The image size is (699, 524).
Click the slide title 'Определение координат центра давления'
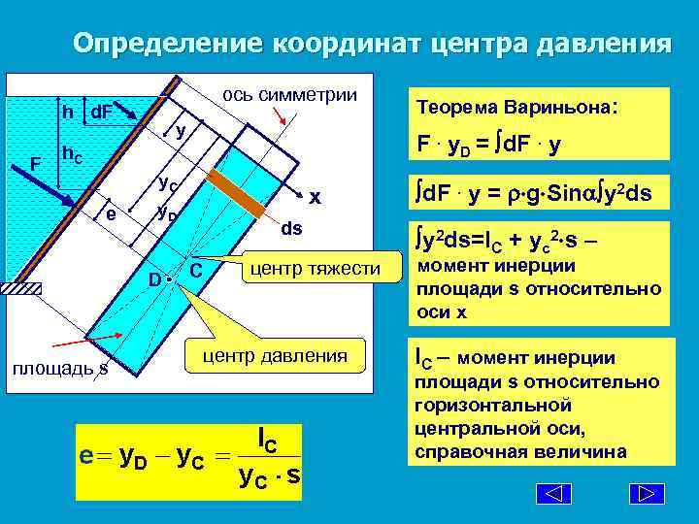click(372, 45)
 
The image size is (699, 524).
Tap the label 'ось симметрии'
click(289, 95)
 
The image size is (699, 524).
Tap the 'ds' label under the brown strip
click(291, 229)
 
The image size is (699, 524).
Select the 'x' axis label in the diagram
click(315, 196)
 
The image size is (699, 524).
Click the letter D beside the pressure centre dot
click(154, 279)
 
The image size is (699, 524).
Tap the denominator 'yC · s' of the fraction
click(269, 475)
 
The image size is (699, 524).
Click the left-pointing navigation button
click(554, 493)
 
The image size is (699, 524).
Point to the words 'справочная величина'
click(520, 452)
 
